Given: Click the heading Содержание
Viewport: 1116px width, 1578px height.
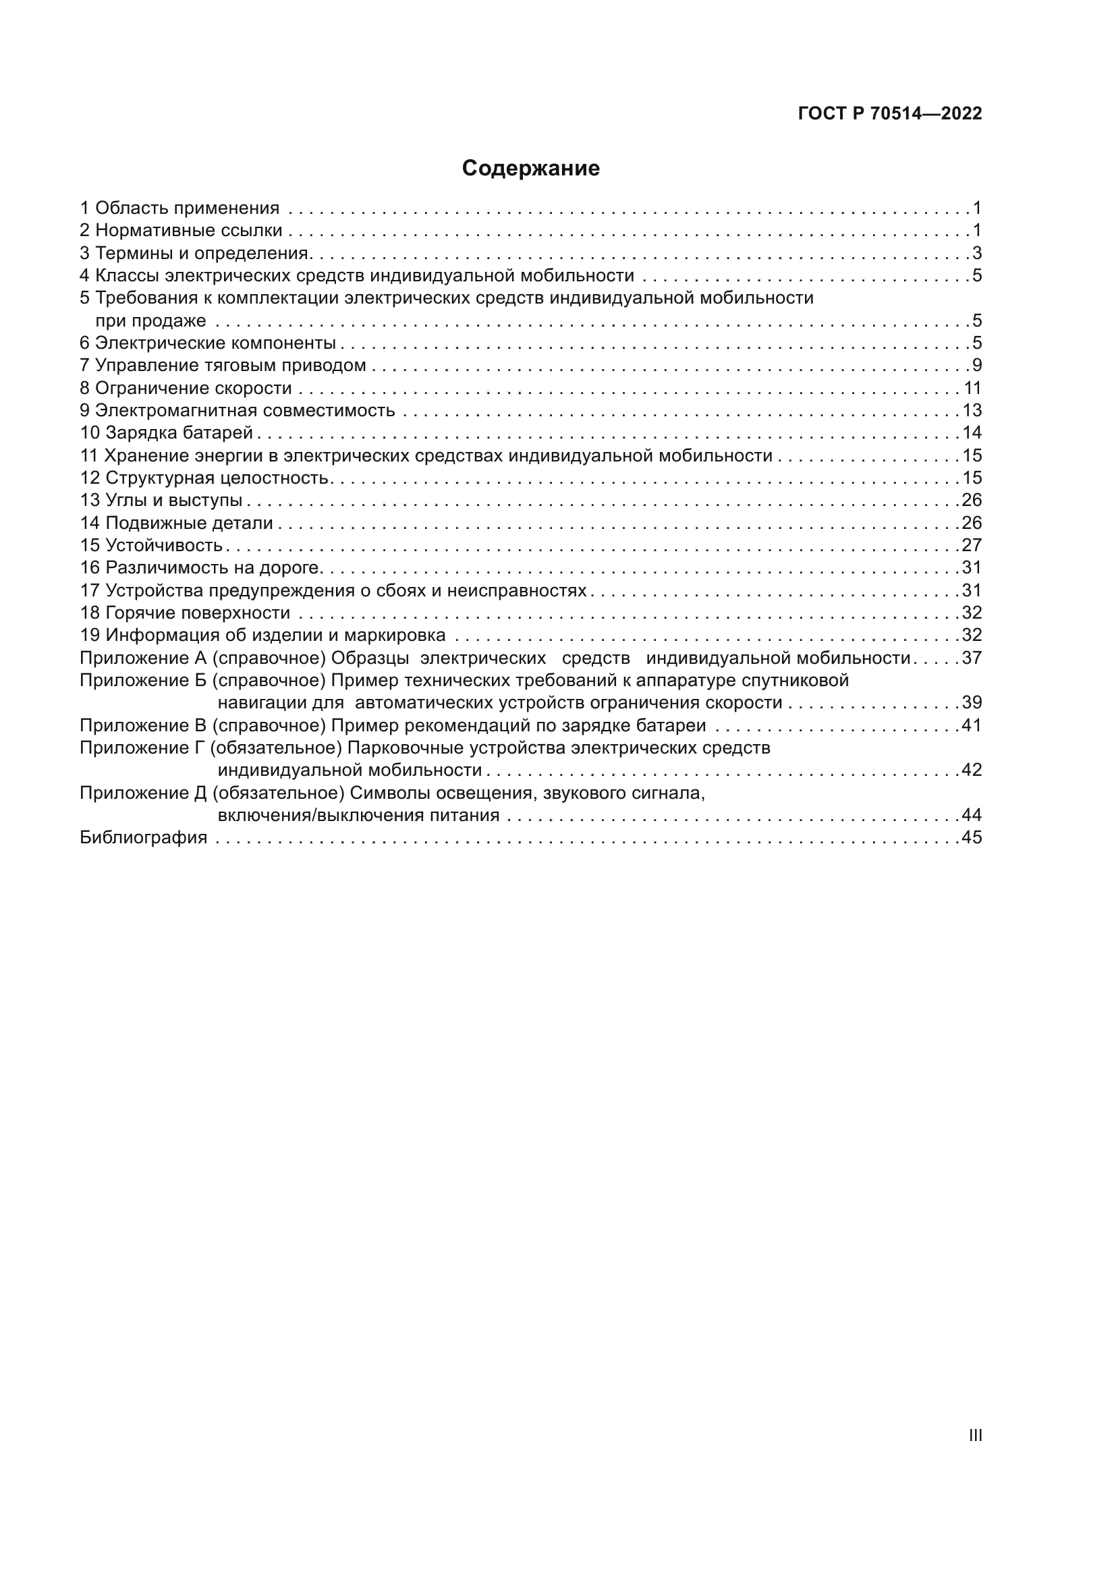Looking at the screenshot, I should pos(530,169).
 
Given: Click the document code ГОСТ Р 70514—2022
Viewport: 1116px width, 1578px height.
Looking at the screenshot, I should pos(890,114).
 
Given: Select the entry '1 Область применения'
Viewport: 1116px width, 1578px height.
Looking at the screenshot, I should pos(180,208).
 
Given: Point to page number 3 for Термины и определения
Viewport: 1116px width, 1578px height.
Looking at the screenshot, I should pos(977,253).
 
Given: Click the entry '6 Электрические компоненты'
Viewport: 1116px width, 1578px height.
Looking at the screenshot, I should pos(208,343).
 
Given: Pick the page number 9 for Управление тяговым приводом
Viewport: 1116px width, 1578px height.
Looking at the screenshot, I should pos(977,366).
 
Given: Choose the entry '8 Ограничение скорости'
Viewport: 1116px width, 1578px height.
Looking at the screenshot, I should pos(186,389).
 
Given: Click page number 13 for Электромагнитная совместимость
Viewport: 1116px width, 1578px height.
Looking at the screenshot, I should pos(972,410).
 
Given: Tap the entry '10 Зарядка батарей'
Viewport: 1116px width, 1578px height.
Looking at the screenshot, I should pos(167,433).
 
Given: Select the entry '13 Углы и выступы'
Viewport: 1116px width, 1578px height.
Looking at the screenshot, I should pos(161,501).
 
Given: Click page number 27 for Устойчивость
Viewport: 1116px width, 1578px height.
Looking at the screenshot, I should pos(972,545).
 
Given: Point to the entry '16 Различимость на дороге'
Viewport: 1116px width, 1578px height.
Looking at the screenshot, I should pos(200,567).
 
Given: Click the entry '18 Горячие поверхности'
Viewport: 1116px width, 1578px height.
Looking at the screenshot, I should pos(186,613).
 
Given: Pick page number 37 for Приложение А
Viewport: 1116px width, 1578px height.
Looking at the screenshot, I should pos(972,658).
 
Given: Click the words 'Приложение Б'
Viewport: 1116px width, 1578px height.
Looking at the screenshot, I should pos(143,681).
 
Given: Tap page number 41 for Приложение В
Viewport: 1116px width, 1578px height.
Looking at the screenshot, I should pos(972,725).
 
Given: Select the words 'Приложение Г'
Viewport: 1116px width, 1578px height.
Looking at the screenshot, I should pos(143,748).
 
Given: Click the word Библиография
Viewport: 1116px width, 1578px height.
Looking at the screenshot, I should pos(144,837).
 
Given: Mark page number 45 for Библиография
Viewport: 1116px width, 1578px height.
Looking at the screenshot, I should pos(972,837).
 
